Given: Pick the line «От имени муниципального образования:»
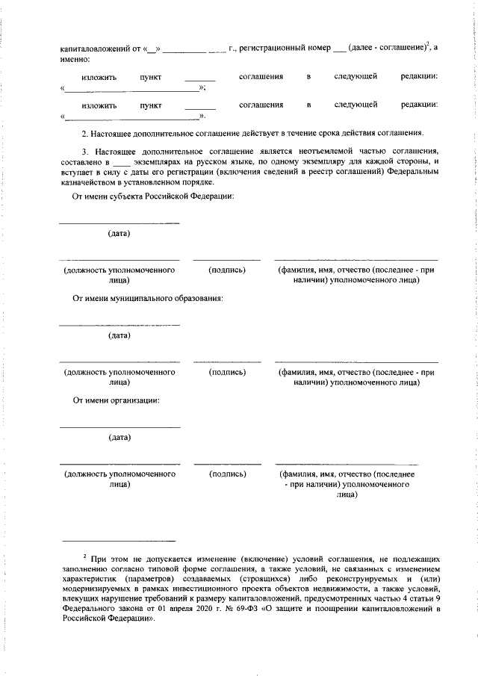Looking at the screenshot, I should [x=148, y=298].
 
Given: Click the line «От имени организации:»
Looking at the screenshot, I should [x=116, y=400].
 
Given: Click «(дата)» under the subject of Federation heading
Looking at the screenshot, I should [x=119, y=234].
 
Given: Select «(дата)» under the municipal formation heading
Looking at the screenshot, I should [x=119, y=335].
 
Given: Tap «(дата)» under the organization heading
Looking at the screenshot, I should [x=119, y=437].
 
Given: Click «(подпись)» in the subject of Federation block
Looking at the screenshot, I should [x=227, y=270].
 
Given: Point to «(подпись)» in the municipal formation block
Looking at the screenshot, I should [x=227, y=371].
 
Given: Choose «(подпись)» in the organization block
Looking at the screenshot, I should [x=227, y=474].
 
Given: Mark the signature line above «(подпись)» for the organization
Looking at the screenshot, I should [x=227, y=464].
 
